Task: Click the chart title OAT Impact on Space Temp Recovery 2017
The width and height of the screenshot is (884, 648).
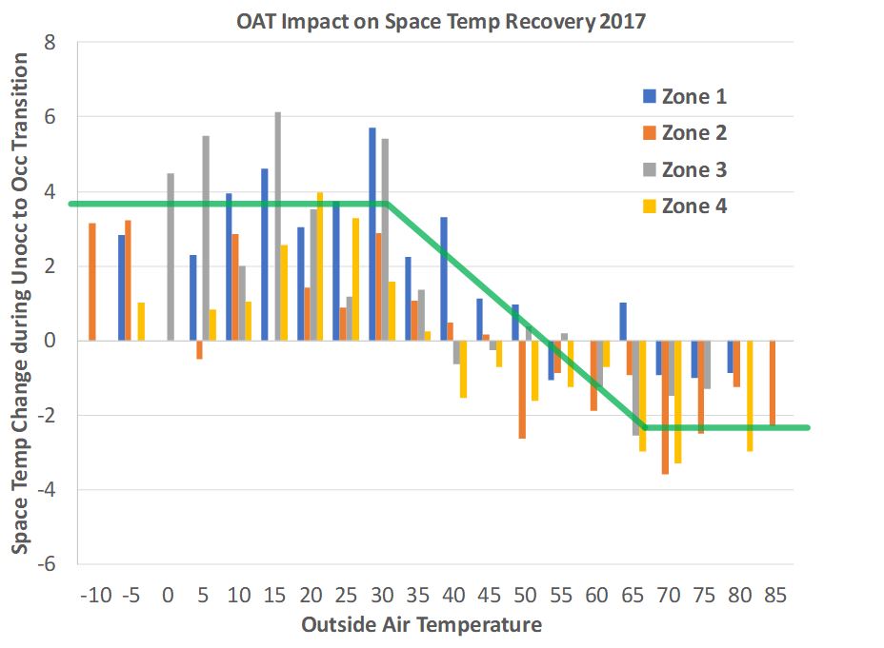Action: click(441, 21)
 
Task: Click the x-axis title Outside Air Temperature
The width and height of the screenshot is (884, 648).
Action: click(421, 625)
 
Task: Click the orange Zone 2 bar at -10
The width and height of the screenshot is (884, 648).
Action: click(92, 282)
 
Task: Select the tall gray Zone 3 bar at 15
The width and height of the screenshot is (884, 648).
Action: click(278, 226)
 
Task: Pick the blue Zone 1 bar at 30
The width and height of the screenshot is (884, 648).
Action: click(372, 234)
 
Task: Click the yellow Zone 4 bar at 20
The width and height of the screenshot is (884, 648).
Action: click(320, 266)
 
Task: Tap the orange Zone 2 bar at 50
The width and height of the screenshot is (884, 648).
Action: click(522, 389)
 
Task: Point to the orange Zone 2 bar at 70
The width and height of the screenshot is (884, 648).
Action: click(665, 406)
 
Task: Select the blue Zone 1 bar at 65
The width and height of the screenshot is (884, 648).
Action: click(623, 322)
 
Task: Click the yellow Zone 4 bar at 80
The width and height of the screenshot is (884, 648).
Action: click(751, 396)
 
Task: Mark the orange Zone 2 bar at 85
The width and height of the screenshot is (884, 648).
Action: click(773, 383)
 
